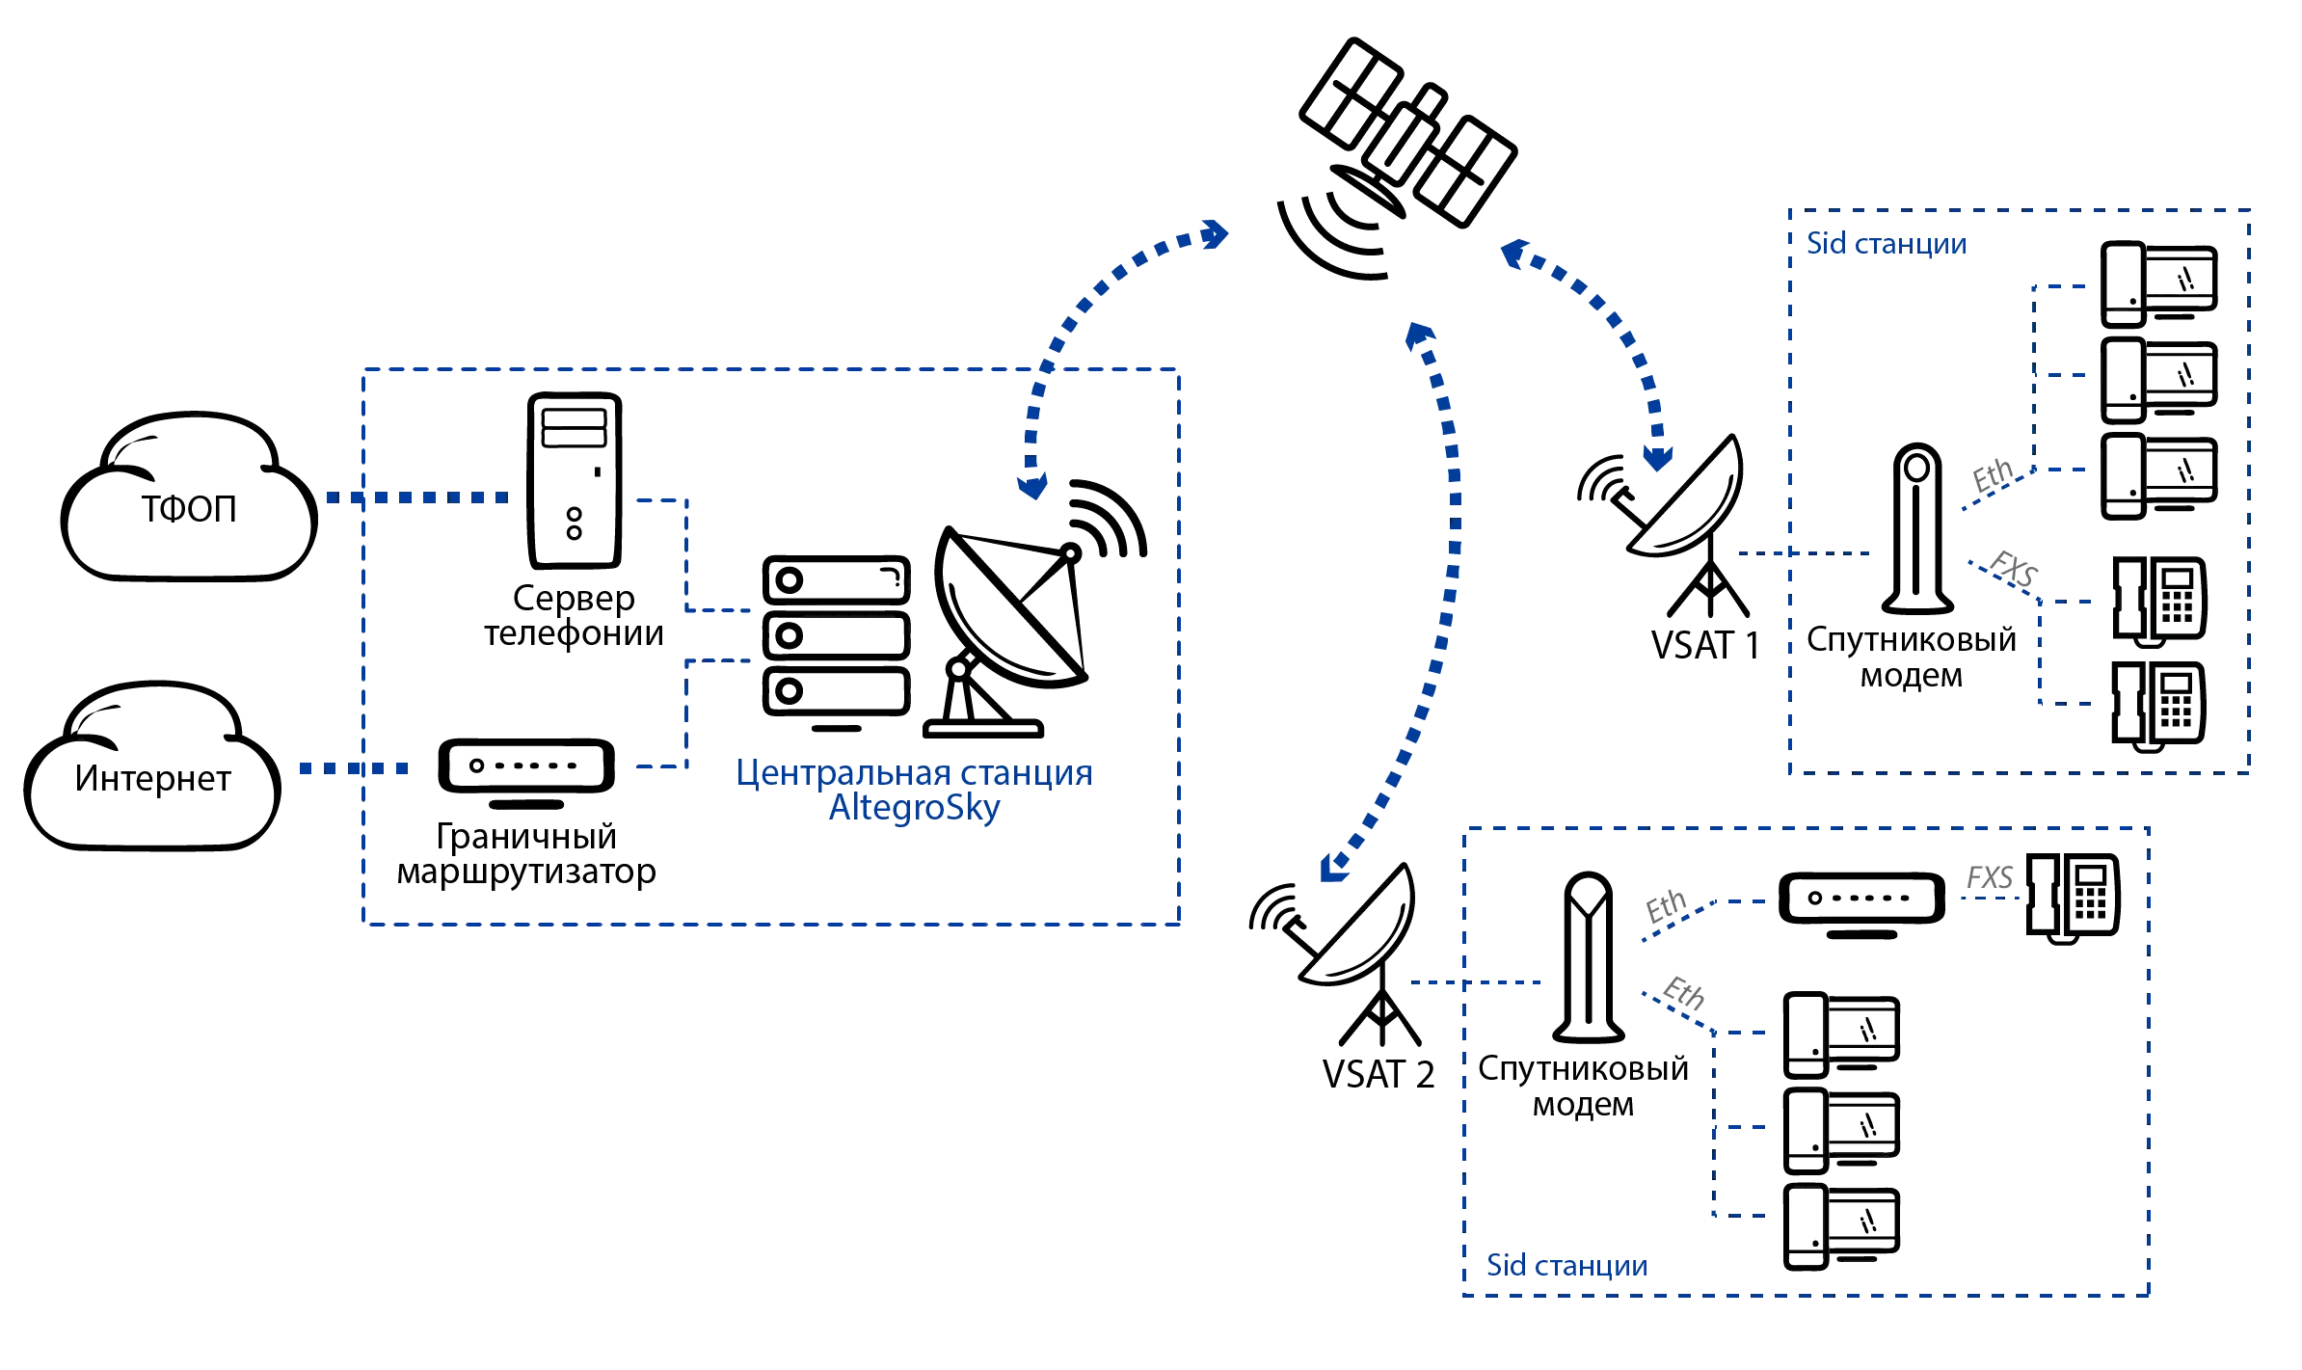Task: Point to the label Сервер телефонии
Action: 575,617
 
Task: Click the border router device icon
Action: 526,768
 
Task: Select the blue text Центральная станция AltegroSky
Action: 914,791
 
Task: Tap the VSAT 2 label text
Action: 1379,1073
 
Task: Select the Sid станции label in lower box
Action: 1566,1266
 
